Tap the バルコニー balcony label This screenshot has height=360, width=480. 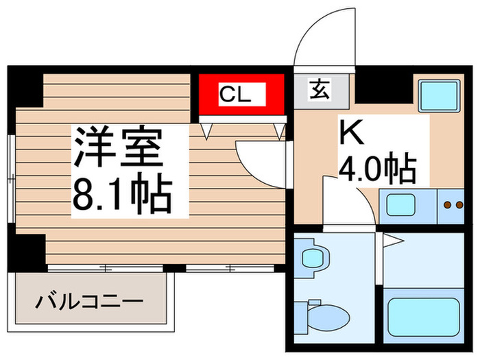[91, 301]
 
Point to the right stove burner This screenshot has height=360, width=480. [459, 204]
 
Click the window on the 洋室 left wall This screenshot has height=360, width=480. [11, 178]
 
